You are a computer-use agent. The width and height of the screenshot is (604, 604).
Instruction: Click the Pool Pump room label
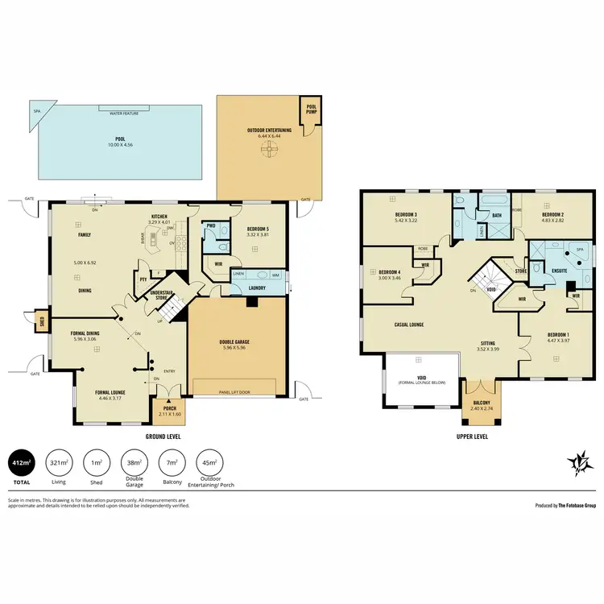(309, 107)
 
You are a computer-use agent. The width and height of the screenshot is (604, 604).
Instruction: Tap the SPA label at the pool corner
(36, 112)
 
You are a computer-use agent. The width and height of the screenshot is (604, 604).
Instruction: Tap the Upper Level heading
(471, 436)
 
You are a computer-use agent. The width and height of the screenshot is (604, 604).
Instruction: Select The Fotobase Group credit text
(565, 506)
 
